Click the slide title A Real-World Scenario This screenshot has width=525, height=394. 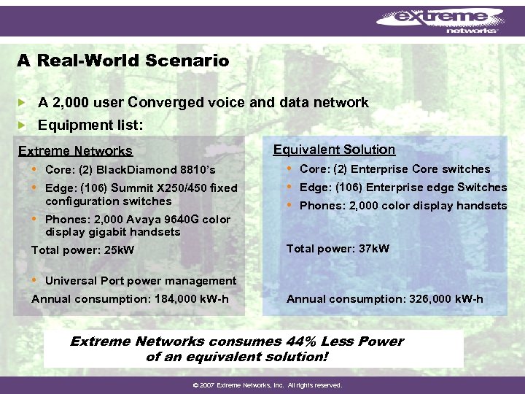click(122, 61)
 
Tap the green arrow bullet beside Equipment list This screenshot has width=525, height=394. click(22, 125)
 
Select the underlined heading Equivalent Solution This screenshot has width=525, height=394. click(334, 150)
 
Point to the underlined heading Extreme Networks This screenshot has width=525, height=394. click(75, 151)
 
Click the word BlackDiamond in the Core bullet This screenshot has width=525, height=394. click(139, 170)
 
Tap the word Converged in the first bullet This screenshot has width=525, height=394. click(169, 103)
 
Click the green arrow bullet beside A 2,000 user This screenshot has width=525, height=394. click(22, 103)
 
